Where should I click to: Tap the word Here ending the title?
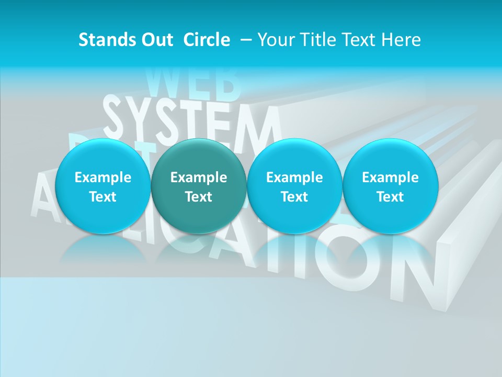coord(401,40)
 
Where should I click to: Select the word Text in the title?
coord(360,40)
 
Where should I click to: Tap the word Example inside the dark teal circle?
coord(198,178)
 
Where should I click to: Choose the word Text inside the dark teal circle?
coord(198,197)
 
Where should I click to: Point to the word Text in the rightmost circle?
coord(390,197)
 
